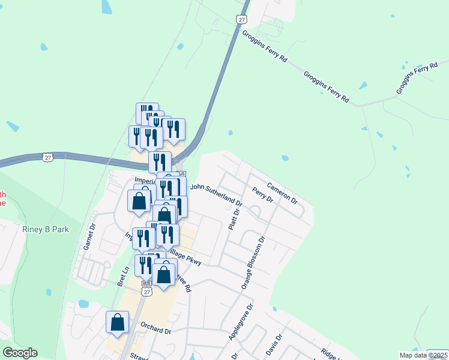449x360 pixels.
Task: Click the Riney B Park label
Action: [x=46, y=229]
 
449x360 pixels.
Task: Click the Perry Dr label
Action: [x=263, y=194]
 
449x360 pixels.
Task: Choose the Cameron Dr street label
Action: [x=282, y=192]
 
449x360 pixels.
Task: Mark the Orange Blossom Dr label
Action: [x=253, y=263]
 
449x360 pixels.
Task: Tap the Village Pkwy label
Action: [x=187, y=259]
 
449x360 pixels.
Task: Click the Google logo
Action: [x=20, y=353]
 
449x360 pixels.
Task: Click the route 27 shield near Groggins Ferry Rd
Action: [x=241, y=20]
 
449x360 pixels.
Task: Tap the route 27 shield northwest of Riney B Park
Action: [x=48, y=157]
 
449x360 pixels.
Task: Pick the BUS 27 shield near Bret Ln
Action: [x=146, y=290]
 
